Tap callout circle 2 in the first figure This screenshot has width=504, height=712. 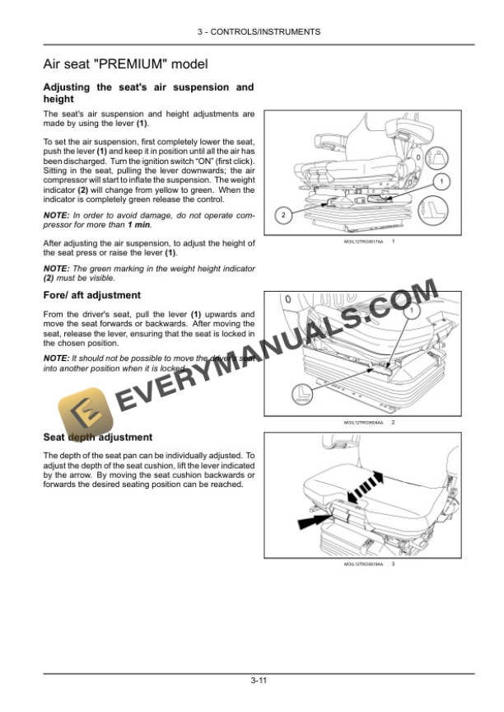(x=282, y=215)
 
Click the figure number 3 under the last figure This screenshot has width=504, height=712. (x=393, y=564)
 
